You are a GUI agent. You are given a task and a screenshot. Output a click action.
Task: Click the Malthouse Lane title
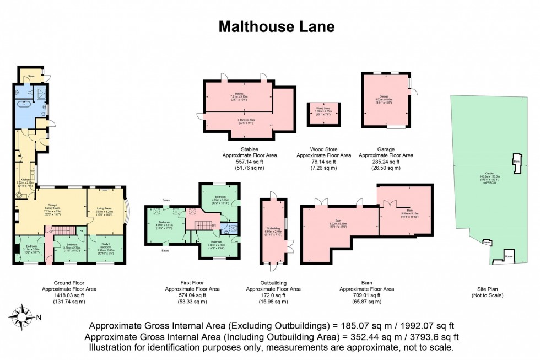click(x=277, y=26)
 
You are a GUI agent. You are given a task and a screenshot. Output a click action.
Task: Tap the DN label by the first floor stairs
click(x=214, y=225)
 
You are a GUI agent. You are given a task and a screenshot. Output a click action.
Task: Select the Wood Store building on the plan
click(x=323, y=113)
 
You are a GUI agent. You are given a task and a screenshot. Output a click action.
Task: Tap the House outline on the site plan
click(x=509, y=257)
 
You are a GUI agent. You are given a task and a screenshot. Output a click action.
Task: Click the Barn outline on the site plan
click(x=517, y=163)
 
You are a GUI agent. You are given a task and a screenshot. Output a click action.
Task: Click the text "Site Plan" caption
click(x=488, y=289)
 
